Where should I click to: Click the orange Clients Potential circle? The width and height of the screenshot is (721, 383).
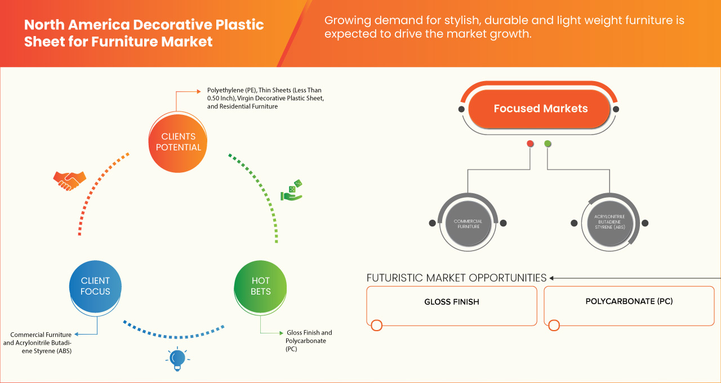point(178,142)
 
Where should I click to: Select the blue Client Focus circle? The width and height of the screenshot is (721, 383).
point(95,286)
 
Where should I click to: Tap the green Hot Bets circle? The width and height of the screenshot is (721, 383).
point(261,286)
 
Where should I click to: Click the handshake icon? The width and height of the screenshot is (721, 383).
point(69,181)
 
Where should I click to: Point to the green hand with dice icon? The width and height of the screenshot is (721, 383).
point(292,190)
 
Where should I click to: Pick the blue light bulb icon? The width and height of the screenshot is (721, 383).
point(178,359)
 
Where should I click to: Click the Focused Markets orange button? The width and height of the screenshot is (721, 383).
point(540,109)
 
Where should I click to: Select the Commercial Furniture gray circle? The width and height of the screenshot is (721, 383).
point(468,224)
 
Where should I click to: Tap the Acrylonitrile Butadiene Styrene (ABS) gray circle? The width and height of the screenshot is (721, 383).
point(609,224)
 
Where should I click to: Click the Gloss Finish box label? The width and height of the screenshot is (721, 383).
point(452,302)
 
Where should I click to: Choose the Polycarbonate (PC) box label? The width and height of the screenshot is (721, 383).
point(629,301)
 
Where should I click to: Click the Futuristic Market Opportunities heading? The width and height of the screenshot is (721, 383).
point(456,278)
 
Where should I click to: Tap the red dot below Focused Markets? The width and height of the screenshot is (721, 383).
point(530,144)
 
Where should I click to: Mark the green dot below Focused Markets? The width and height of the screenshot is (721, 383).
point(548,144)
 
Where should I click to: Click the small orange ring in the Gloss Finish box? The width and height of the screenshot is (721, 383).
point(377,325)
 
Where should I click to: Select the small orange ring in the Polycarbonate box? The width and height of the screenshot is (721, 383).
point(554,325)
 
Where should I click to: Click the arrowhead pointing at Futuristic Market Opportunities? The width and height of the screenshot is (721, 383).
point(552,278)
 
